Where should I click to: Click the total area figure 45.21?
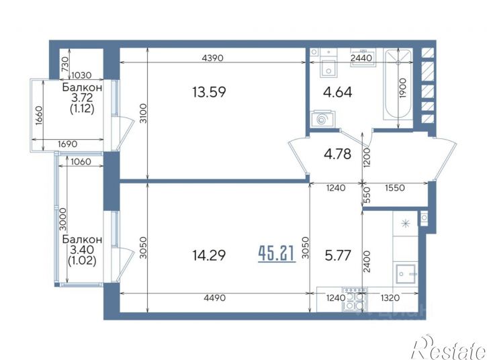(x=277, y=254)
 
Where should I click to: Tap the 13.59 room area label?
(x=209, y=92)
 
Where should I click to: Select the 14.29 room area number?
(x=209, y=256)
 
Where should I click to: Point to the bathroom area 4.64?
(x=338, y=92)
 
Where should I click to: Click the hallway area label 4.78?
(x=338, y=154)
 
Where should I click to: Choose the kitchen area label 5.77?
(x=338, y=256)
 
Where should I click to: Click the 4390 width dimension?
(x=212, y=58)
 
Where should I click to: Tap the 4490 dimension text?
(x=214, y=298)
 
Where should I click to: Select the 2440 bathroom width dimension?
(x=361, y=58)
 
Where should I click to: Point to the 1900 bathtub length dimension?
(x=402, y=88)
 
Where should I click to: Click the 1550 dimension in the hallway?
(x=395, y=187)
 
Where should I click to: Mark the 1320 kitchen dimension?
(x=390, y=298)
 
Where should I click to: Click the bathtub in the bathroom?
(x=398, y=84)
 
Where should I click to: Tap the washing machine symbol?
(x=322, y=118)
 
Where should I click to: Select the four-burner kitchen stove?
(x=355, y=299)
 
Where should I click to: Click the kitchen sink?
(x=406, y=273)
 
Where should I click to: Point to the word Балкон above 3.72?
(x=82, y=87)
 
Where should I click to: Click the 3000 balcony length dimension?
(x=63, y=219)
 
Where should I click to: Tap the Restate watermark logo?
(x=449, y=347)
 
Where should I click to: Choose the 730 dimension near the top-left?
(x=65, y=64)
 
